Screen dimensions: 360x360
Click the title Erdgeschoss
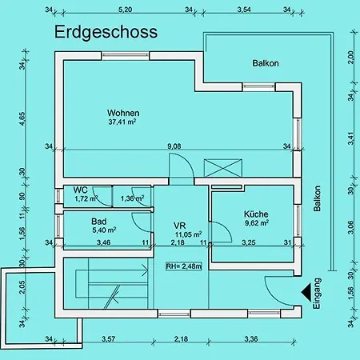(106, 32)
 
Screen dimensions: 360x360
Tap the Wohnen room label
(123, 113)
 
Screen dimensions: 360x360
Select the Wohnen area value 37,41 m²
(122, 122)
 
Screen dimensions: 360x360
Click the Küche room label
(256, 214)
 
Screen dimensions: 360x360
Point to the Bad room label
(99, 222)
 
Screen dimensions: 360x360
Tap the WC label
(80, 190)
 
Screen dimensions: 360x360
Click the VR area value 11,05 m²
(188, 234)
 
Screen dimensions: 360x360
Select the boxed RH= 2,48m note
(184, 266)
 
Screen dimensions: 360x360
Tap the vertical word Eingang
(317, 294)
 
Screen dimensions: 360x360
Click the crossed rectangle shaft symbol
(223, 168)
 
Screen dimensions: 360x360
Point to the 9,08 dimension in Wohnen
(174, 146)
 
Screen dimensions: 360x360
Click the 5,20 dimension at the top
(125, 10)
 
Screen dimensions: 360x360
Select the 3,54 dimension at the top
(244, 10)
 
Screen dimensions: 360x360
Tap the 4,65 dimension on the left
(22, 118)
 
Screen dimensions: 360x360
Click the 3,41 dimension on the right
(351, 138)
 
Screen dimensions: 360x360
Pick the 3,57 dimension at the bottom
(109, 339)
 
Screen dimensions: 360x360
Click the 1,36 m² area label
(132, 198)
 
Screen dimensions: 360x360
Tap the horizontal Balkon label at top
(266, 63)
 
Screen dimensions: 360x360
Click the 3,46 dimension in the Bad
(103, 242)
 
